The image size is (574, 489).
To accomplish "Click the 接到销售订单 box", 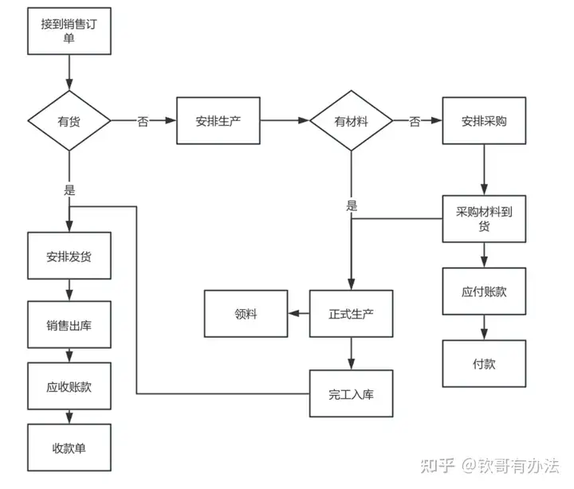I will pos(69,31).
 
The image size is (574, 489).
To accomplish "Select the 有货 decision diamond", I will pos(69,121).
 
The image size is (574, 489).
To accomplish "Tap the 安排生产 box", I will pos(218,121).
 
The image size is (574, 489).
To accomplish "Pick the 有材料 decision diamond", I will pos(351,121).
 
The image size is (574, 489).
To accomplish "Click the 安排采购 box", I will pos(485,121).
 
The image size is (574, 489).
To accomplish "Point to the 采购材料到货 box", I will pos(485,218).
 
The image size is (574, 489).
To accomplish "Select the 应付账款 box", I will pos(485,291).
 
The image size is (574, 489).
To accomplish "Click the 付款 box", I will pos(485,363).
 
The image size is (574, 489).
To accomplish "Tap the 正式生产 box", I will pos(351,313).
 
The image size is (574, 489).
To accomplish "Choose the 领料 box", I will pos(246,313).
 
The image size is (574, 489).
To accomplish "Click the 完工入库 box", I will pos(351,393).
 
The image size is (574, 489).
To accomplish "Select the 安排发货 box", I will pos(69,256).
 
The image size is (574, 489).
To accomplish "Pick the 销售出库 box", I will pos(69,324).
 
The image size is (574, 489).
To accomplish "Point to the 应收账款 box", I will pos(69,386).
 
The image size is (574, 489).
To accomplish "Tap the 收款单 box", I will pos(69,448).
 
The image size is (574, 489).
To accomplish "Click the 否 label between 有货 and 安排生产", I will pos(143,121).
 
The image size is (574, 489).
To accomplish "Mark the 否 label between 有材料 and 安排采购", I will pos(415,121).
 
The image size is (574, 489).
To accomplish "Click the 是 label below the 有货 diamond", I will pos(69,190).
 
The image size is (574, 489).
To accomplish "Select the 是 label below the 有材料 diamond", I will pos(352,205).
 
